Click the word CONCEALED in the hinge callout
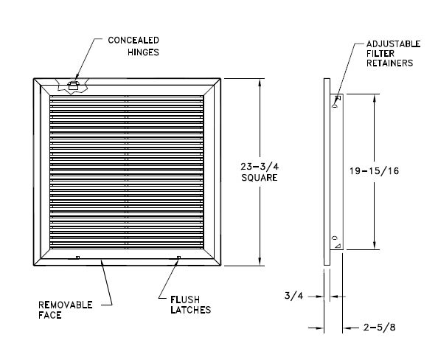[133, 41]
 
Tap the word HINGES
[143, 52]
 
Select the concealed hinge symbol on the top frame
[73, 86]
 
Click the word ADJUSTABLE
[393, 44]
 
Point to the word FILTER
[380, 54]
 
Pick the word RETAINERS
[389, 63]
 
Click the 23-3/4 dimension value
[260, 167]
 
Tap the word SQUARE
[260, 178]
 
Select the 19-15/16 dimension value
[375, 170]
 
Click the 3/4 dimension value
[293, 296]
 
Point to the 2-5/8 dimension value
[379, 328]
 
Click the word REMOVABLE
[66, 305]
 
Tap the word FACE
[50, 315]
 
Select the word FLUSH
[185, 300]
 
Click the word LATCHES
[191, 310]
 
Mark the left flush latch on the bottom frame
[78, 257]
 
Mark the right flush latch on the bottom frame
[178, 257]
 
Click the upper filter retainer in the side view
[337, 102]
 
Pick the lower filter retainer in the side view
[337, 242]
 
